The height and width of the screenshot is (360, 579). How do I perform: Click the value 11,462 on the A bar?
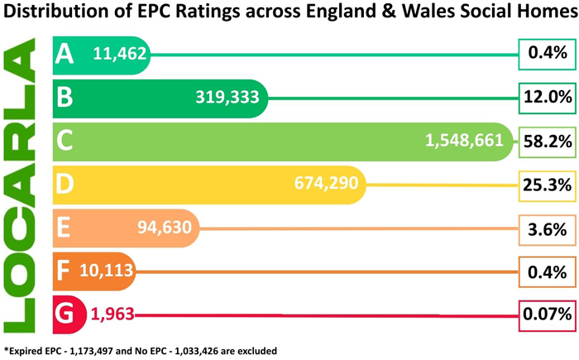(x=120, y=55)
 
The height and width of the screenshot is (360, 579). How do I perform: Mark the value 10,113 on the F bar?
(x=106, y=271)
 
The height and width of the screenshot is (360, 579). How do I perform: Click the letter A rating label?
(x=65, y=55)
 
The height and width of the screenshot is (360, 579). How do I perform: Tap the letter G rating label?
(x=65, y=314)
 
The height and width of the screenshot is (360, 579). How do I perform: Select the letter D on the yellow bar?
(x=65, y=185)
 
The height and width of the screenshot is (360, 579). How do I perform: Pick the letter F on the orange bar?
(x=64, y=271)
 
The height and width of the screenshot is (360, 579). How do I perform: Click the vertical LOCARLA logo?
(x=23, y=183)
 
